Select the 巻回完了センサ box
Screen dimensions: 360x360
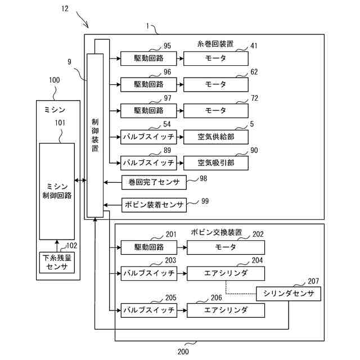(154, 182)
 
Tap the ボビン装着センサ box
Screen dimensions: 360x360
(154, 205)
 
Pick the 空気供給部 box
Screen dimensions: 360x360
(216, 137)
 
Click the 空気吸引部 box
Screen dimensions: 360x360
(216, 163)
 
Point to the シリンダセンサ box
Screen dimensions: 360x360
(289, 294)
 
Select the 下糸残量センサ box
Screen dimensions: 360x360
(57, 263)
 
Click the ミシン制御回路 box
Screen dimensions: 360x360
(57, 191)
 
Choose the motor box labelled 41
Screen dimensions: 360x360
(216, 58)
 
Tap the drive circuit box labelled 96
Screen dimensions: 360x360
(148, 85)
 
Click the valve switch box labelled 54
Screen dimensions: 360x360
(148, 137)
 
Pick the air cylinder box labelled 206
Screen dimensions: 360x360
(226, 310)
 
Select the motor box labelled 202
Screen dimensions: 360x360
(226, 247)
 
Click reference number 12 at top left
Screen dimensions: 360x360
(65, 9)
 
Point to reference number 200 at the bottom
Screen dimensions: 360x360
(183, 352)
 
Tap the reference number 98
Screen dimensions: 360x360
(203, 178)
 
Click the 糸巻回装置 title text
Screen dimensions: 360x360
(215, 44)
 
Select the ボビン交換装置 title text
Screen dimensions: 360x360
(216, 232)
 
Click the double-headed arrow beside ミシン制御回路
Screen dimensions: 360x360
(80, 181)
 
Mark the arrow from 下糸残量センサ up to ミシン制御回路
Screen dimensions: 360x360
(57, 246)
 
